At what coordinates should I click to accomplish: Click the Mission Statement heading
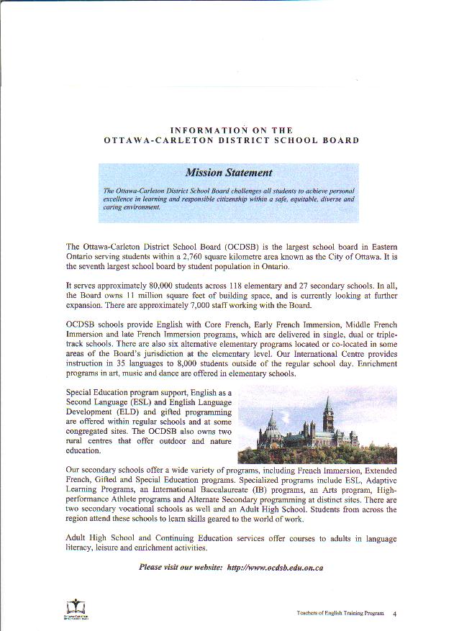click(228, 173)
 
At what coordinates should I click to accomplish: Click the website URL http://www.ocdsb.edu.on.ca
click(275, 567)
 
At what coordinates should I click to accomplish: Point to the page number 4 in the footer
click(395, 614)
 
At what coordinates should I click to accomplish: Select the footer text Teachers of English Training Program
click(340, 614)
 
